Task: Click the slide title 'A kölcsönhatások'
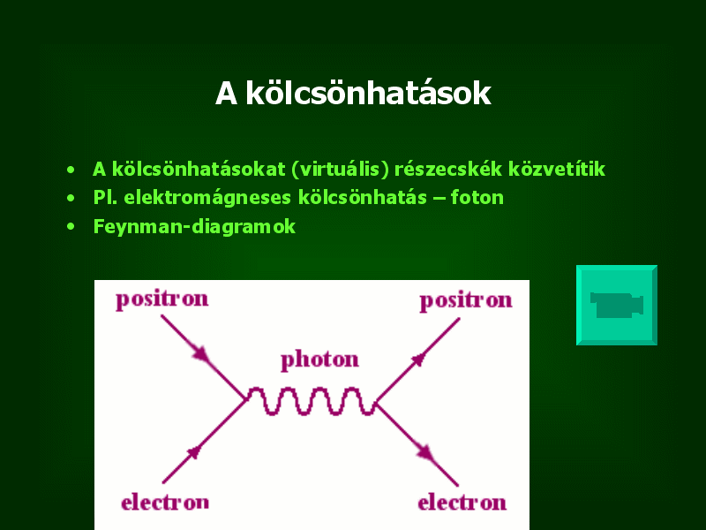click(353, 94)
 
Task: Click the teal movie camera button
click(616, 305)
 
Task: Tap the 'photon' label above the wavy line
click(319, 360)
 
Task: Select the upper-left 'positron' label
click(162, 299)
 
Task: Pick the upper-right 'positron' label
click(466, 300)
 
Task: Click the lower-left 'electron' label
click(165, 502)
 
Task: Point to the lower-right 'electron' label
click(462, 503)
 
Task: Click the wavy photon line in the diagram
click(311, 401)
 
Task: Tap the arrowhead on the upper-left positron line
click(201, 353)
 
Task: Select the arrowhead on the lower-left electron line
click(193, 452)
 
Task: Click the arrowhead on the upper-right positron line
click(418, 360)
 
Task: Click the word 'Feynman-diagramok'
click(194, 227)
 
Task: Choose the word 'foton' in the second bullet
click(477, 197)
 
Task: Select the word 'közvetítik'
click(557, 169)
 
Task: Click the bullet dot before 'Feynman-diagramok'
click(71, 227)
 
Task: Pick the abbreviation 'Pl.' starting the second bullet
click(105, 198)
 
